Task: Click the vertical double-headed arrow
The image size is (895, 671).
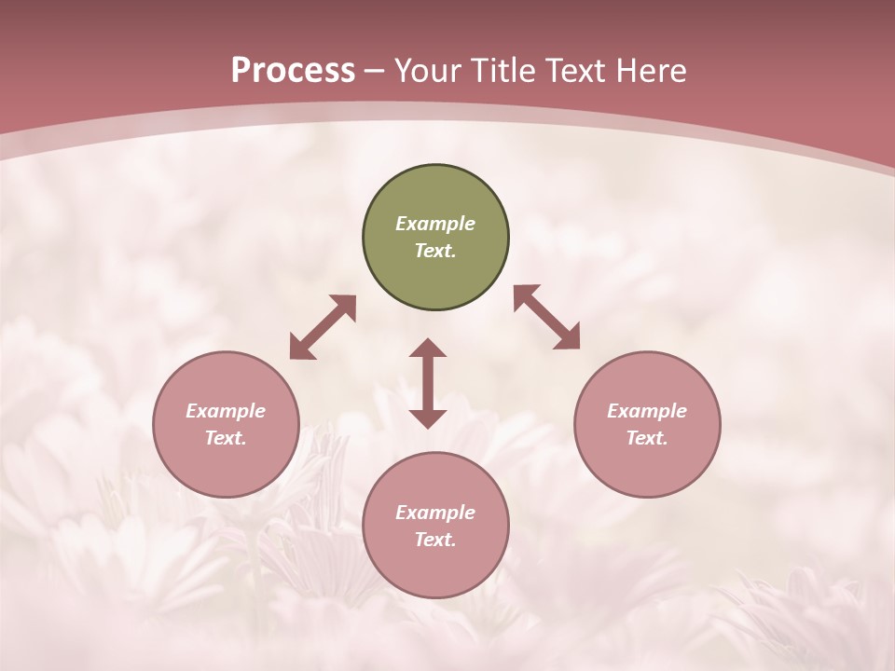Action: tap(428, 383)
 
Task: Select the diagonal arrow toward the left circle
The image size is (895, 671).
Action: tap(323, 327)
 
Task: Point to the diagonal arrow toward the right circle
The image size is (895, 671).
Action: tap(546, 318)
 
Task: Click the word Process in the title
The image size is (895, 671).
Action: tap(293, 70)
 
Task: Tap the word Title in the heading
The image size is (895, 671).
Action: tap(502, 70)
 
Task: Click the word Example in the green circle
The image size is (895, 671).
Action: tap(435, 224)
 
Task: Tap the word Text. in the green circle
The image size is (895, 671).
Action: tap(435, 251)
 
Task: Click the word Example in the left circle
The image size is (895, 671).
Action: tap(226, 411)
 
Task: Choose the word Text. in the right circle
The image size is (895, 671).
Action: tap(647, 438)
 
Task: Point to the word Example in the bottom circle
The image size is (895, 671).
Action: tap(435, 513)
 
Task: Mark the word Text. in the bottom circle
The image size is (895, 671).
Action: tap(435, 540)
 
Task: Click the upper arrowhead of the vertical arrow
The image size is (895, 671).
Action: tap(428, 349)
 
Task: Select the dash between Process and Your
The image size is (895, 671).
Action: tap(375, 71)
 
